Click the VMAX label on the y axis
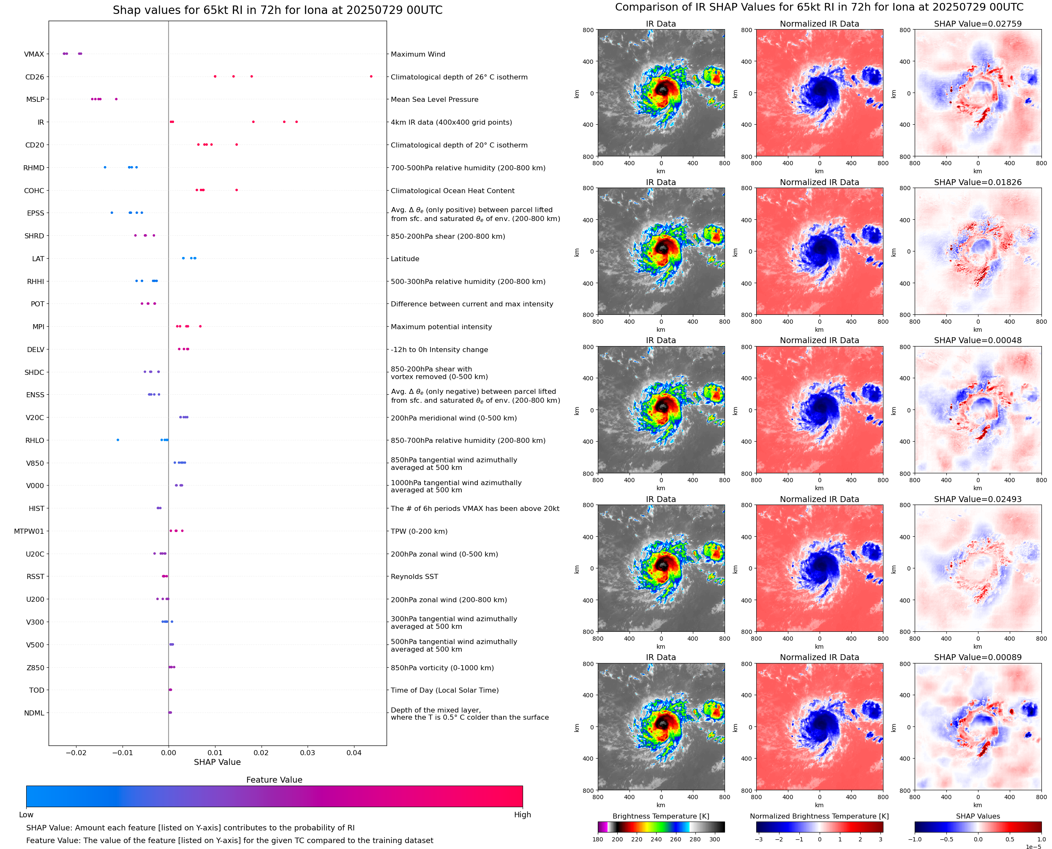click(34, 54)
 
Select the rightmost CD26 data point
click(371, 76)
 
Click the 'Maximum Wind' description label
click(417, 54)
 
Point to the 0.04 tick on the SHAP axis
click(354, 753)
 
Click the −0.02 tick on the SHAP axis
click(76, 753)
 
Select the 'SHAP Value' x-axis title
click(217, 762)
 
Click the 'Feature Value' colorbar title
click(274, 780)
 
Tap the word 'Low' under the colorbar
click(26, 815)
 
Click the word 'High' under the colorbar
click(522, 815)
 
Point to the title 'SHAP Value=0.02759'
click(977, 24)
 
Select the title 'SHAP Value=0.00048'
click(977, 340)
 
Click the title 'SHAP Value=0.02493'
click(977, 500)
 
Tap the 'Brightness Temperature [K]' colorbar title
click(660, 816)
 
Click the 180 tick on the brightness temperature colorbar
click(598, 839)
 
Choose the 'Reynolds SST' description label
click(414, 576)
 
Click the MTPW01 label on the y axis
click(29, 532)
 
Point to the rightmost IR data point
click(297, 122)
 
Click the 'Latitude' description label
click(405, 259)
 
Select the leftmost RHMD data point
click(105, 167)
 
